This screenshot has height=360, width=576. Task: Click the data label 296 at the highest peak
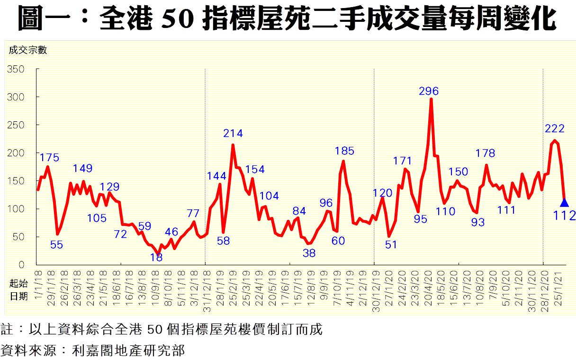coord(429,91)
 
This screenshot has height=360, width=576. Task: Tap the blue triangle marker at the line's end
coord(564,202)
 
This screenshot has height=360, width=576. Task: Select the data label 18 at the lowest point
coord(156,257)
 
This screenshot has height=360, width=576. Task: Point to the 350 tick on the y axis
coord(16,70)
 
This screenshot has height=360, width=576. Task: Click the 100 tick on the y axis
coord(16,209)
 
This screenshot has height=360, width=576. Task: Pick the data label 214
coord(233,134)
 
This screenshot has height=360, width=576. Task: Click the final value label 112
coord(564,216)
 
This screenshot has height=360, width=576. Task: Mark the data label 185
coord(344,151)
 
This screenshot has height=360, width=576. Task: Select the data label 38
coord(309,253)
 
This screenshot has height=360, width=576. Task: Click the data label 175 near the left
coord(49,157)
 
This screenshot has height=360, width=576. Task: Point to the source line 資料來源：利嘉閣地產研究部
coord(92,351)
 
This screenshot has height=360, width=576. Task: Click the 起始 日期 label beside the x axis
coord(18,290)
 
